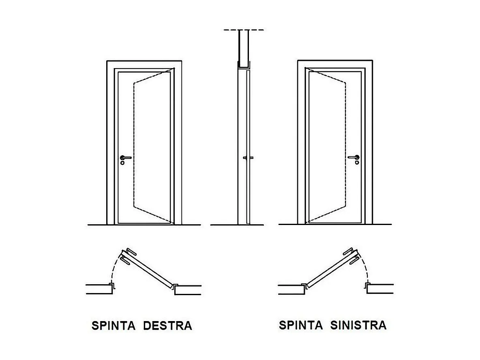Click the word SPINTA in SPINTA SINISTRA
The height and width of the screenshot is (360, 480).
(300, 325)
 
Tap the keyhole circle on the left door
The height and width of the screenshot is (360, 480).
(123, 163)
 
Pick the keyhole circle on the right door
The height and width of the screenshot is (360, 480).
(357, 163)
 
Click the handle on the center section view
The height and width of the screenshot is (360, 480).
(248, 158)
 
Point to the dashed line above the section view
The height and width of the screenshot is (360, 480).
(244, 30)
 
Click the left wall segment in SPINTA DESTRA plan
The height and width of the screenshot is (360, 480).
(99, 289)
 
